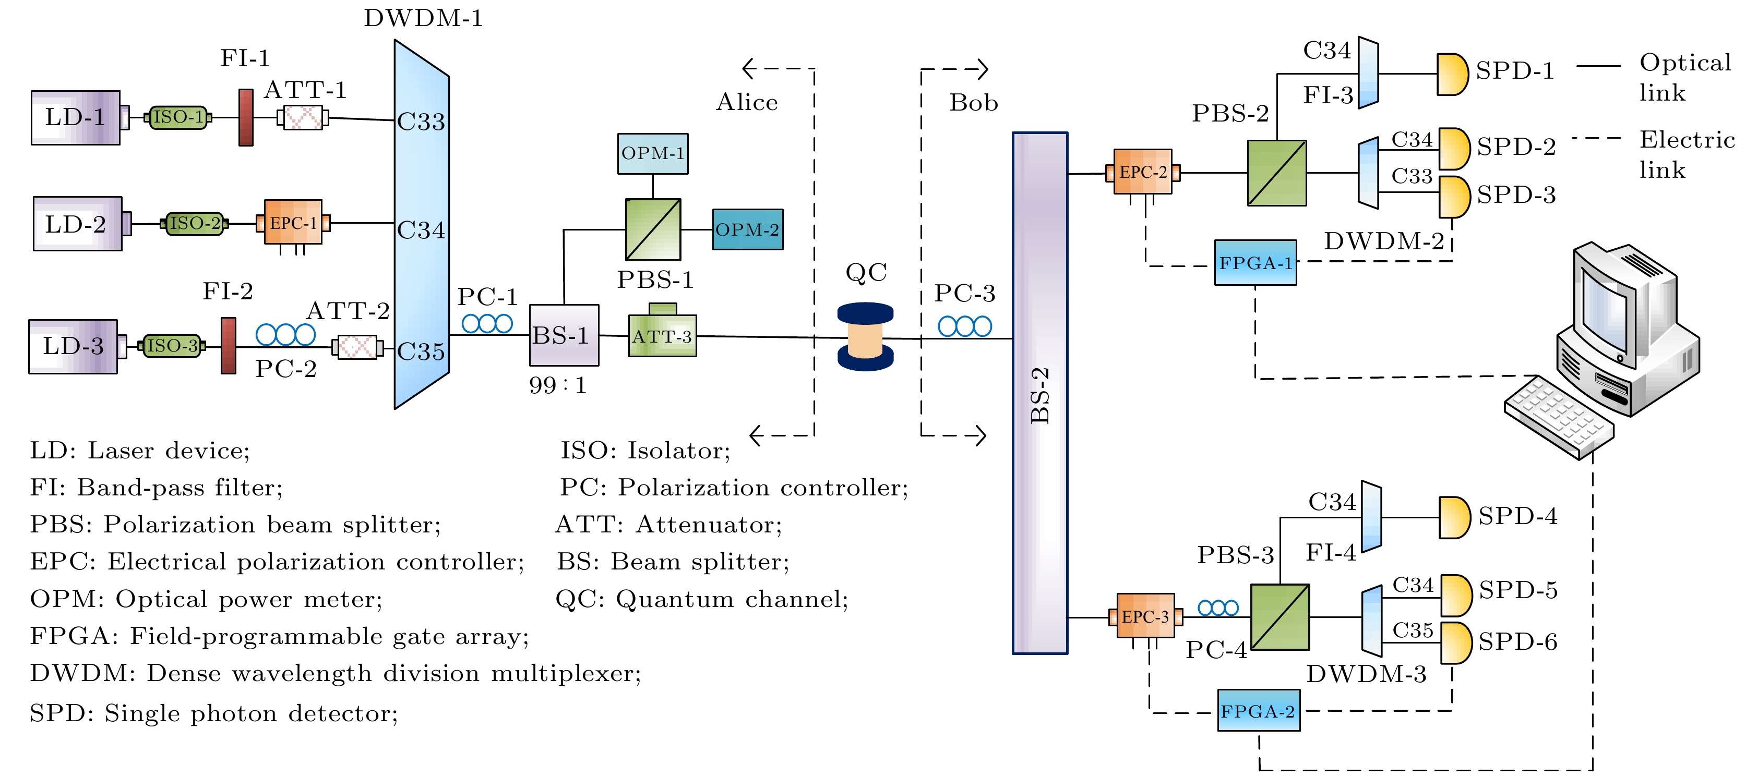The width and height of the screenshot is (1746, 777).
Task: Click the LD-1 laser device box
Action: pyautogui.click(x=75, y=118)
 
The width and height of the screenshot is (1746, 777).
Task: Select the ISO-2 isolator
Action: pyautogui.click(x=195, y=223)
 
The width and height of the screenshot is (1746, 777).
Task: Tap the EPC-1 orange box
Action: pyautogui.click(x=293, y=222)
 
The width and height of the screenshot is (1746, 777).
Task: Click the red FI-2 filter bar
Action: pyautogui.click(x=229, y=346)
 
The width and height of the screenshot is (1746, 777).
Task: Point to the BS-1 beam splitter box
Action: pyautogui.click(x=563, y=335)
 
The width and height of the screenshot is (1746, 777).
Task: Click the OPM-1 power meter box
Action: pyautogui.click(x=653, y=154)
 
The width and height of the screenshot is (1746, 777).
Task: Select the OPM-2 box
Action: pyautogui.click(x=748, y=229)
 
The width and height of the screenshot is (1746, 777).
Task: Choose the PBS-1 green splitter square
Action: pyautogui.click(x=653, y=229)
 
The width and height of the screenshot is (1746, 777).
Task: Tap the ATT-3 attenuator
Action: pyautogui.click(x=662, y=336)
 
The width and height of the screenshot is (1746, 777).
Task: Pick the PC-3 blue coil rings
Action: pyautogui.click(x=964, y=326)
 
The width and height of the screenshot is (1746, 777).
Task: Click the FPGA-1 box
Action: pyautogui.click(x=1255, y=263)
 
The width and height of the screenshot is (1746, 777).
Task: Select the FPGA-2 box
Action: pyautogui.click(x=1259, y=711)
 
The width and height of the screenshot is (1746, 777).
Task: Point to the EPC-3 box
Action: pyautogui.click(x=1145, y=616)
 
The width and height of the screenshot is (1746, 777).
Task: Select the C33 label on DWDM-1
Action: pyautogui.click(x=421, y=122)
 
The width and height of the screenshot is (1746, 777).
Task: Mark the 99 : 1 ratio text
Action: pyautogui.click(x=557, y=385)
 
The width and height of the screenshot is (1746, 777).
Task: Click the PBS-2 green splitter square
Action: pyautogui.click(x=1277, y=173)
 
